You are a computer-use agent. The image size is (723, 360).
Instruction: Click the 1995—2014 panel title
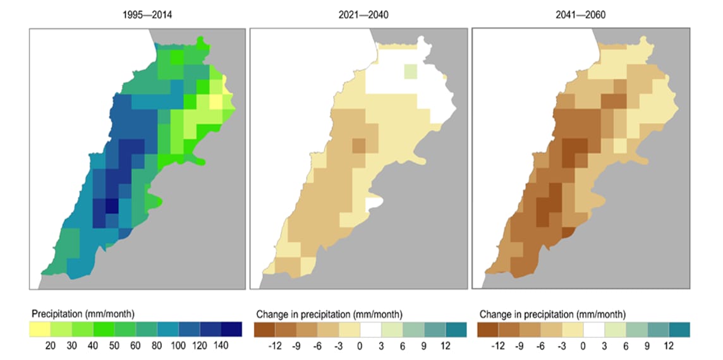click(147, 15)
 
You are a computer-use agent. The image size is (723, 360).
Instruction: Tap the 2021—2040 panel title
click(364, 15)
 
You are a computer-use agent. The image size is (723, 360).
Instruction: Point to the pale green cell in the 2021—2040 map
click(411, 71)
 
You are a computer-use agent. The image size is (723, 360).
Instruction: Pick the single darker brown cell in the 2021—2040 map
click(359, 145)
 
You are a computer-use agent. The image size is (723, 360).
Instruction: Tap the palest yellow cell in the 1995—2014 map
click(216, 101)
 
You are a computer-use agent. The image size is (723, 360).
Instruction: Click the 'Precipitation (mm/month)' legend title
click(82, 314)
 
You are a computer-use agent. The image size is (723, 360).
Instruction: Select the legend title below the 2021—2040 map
click(329, 314)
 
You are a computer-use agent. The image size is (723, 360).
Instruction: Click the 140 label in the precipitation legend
click(221, 346)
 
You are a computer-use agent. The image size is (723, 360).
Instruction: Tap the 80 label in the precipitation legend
click(157, 346)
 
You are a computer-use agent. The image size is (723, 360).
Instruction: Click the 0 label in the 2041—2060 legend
click(583, 346)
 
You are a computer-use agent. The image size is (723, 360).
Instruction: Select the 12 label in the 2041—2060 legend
click(668, 346)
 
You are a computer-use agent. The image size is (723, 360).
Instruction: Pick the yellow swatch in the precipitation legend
click(40, 330)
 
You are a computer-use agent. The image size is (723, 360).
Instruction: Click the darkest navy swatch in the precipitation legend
click(231, 330)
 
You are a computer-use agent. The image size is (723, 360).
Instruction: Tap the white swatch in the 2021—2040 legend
click(370, 330)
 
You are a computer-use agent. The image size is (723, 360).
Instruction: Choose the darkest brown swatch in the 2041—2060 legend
click(488, 330)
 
